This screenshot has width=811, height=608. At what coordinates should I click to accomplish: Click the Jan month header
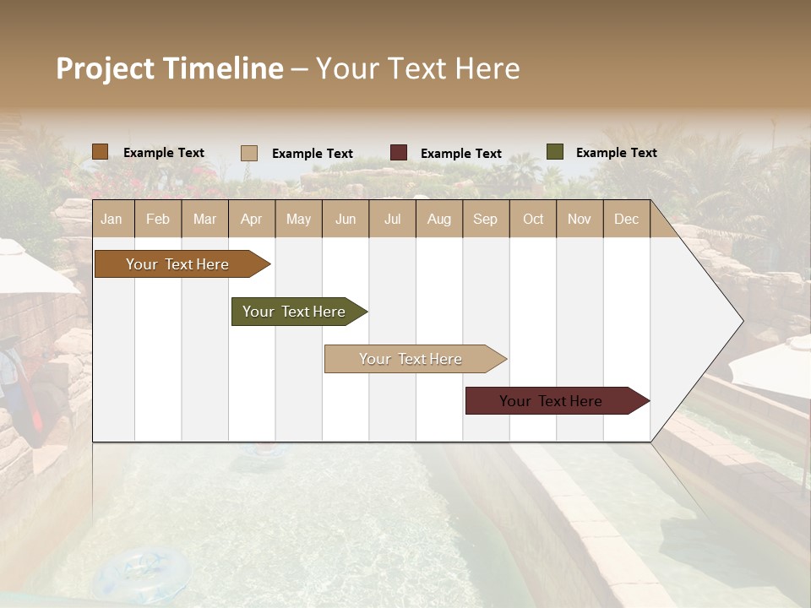point(112,219)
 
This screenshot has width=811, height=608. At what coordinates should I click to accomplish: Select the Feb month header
point(158,219)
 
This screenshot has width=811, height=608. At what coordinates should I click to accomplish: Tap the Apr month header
point(252,219)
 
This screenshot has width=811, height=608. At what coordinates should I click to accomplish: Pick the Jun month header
point(346,219)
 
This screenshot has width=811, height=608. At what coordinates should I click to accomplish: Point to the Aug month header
point(439,219)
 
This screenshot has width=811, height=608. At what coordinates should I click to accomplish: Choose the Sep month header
point(486,219)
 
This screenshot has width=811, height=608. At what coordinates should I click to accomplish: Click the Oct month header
point(533,219)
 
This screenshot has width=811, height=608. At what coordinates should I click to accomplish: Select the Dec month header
point(627,219)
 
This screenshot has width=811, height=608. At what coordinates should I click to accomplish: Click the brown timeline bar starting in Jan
point(178,264)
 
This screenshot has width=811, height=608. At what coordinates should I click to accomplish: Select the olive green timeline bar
point(295,312)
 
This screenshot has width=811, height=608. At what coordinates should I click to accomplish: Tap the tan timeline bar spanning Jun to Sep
point(411,359)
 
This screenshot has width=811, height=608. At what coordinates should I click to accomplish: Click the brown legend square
point(100,152)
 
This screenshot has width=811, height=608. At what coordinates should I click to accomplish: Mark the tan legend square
point(249,153)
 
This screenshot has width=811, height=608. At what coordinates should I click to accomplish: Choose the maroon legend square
point(399,153)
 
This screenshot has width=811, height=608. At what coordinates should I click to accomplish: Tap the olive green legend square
point(555,152)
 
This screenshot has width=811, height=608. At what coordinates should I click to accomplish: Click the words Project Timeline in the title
point(170,68)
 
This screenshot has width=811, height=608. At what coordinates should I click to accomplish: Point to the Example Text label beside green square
point(616,153)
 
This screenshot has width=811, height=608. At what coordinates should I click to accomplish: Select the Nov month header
point(580,219)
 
